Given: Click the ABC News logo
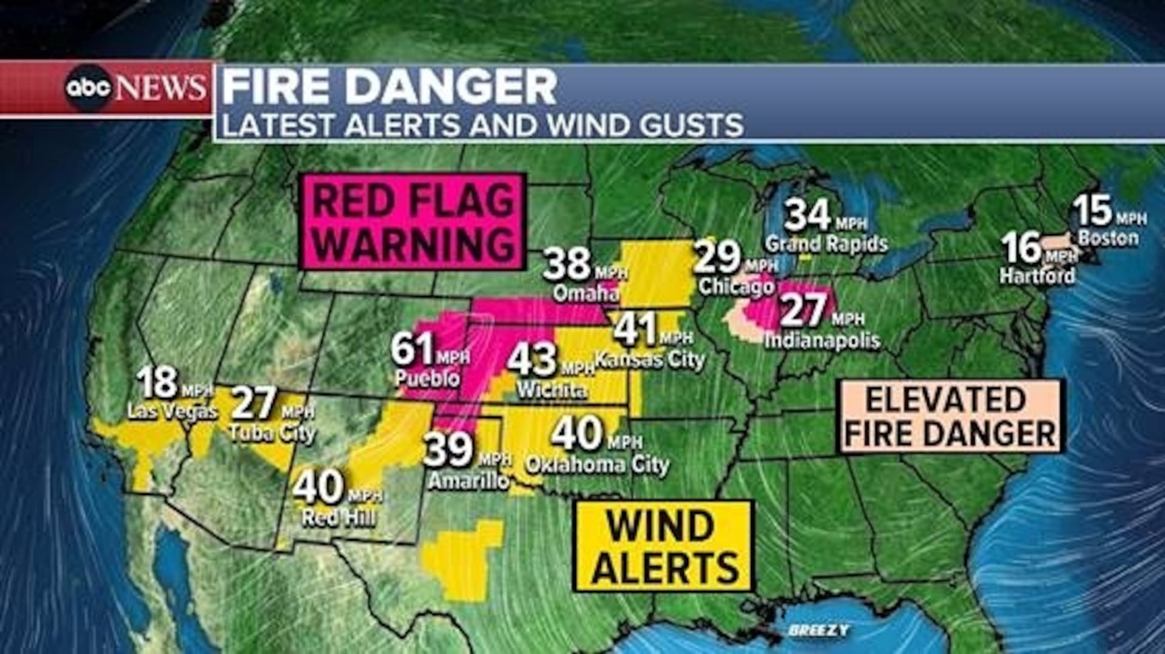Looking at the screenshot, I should tap(135, 88).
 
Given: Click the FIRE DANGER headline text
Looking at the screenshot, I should tap(389, 87).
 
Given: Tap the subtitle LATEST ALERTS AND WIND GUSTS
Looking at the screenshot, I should tap(482, 125).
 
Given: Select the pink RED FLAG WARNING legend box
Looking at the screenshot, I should tap(413, 222).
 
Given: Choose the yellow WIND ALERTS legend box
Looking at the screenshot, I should tap(664, 546).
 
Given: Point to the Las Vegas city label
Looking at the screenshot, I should tap(172, 411).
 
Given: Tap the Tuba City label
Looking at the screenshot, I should tap(272, 433).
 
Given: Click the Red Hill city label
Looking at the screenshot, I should tap(339, 517).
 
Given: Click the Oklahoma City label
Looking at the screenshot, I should tap(597, 465).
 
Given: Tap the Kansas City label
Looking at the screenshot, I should tap(649, 360).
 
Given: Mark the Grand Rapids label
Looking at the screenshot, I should tap(826, 244).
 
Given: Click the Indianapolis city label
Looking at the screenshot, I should tap(822, 340).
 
